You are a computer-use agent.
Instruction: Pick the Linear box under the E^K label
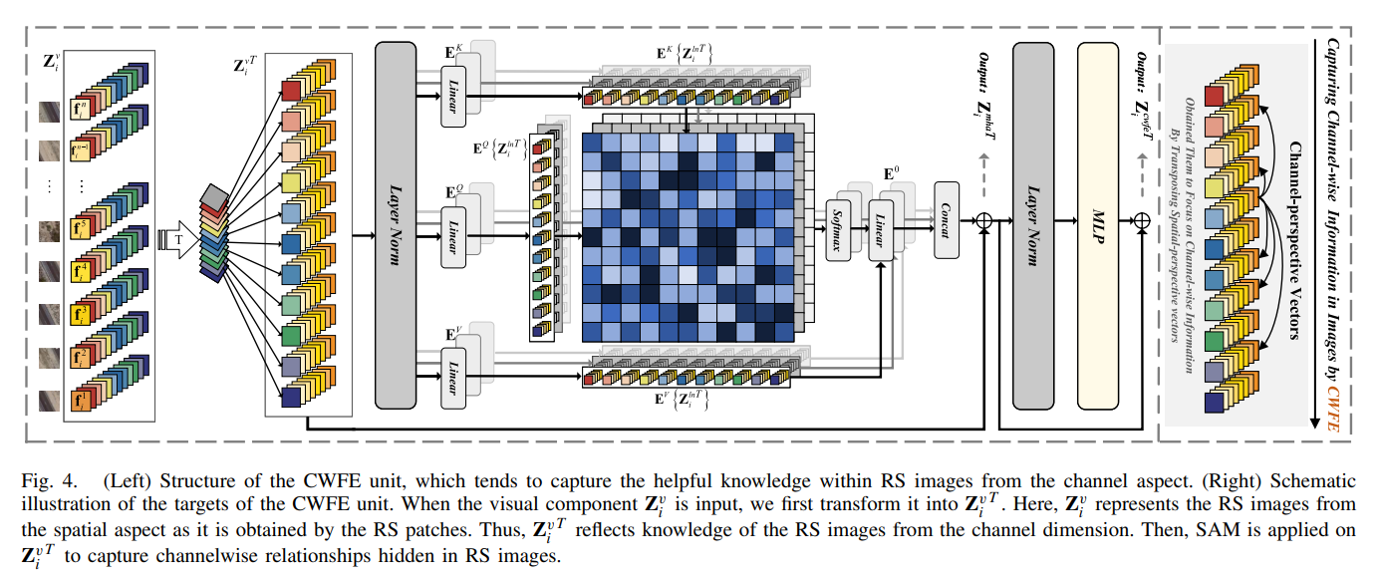pyautogui.click(x=454, y=96)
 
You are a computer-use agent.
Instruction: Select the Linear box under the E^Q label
pyautogui.click(x=454, y=236)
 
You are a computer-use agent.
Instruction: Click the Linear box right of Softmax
pyautogui.click(x=882, y=230)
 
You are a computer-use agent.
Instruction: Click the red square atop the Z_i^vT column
pyautogui.click(x=291, y=91)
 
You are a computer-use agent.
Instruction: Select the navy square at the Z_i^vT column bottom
pyautogui.click(x=291, y=397)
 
